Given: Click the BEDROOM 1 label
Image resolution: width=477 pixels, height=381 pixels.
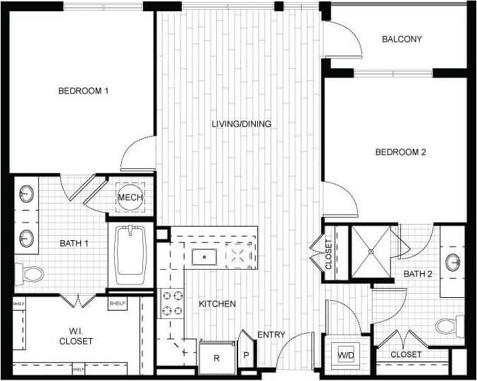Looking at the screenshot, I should click(83, 91).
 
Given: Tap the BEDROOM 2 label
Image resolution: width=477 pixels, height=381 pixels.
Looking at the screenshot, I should click(400, 152).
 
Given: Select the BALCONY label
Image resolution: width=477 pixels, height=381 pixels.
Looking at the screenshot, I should click(402, 39).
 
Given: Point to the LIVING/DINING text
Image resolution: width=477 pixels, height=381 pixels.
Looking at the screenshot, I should click(242, 124).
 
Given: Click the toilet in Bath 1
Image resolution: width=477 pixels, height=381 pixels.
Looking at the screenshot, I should click(30, 273).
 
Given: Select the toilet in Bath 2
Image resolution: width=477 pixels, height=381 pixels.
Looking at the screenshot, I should click(446, 325).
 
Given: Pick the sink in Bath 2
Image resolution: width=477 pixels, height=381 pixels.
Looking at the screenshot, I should click(453, 262).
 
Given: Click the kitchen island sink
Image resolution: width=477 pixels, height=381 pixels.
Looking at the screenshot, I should click(204, 256).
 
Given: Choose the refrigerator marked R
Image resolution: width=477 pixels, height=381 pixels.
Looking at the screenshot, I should click(216, 358).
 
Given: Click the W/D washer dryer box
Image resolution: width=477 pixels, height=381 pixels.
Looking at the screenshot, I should click(347, 354).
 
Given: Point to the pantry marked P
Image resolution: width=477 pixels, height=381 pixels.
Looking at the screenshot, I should click(247, 355).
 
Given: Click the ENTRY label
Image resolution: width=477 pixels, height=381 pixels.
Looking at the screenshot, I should click(271, 335).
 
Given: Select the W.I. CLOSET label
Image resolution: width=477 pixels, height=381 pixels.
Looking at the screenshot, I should click(76, 336).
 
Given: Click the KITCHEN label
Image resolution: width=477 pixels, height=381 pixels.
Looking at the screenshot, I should click(217, 304).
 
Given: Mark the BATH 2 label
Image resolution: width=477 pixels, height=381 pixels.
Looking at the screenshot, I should click(418, 273).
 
